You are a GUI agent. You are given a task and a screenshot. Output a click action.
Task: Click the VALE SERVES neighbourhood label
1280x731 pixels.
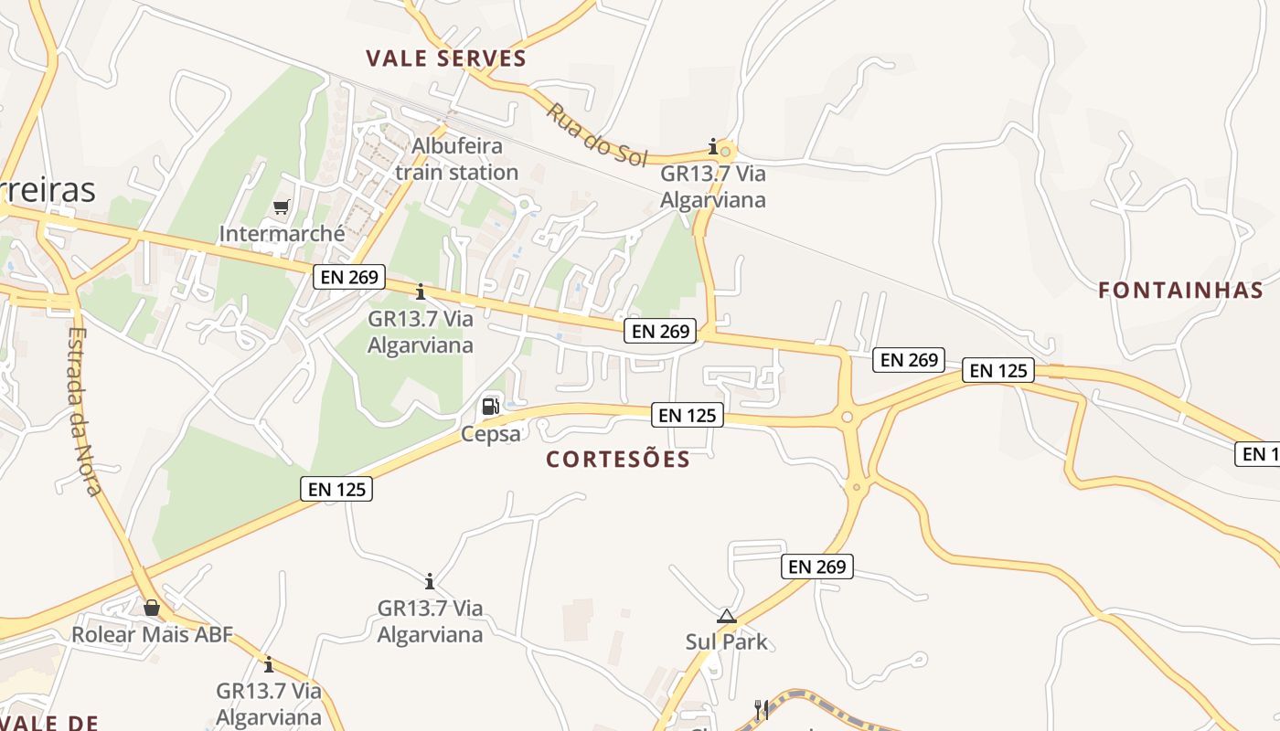[x=446, y=59]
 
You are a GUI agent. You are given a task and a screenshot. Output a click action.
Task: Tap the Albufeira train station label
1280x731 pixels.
[x=456, y=159]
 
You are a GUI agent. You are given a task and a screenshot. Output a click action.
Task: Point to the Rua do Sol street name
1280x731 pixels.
[x=596, y=134]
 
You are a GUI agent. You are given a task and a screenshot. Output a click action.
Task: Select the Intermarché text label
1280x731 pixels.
[x=282, y=234]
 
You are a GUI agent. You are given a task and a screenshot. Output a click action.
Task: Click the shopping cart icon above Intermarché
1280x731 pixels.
[x=281, y=207]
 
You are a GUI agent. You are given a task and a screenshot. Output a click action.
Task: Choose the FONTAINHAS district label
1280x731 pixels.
[x=1180, y=291]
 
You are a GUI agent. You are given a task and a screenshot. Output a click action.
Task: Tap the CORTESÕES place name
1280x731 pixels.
[x=618, y=459]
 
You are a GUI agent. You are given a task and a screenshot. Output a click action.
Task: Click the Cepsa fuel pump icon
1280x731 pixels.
[x=491, y=406]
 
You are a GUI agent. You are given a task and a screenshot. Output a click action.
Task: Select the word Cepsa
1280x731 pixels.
[x=491, y=433]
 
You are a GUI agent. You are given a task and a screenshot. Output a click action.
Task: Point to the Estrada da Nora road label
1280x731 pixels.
[x=83, y=411]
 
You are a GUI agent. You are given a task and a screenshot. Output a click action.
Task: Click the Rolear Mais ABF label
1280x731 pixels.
[x=153, y=634]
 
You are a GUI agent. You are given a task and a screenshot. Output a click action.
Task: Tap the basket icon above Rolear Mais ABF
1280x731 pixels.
[x=152, y=607]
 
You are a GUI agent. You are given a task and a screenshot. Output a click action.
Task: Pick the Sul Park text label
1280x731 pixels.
[x=727, y=641]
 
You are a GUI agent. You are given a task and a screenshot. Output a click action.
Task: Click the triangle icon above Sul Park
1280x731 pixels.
[x=727, y=616]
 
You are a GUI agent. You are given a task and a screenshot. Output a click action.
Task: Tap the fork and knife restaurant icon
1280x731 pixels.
[x=760, y=708]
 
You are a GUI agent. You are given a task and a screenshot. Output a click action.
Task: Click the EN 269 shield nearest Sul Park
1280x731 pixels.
[x=817, y=567]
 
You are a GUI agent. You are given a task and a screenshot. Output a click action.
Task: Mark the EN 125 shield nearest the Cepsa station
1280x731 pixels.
[x=336, y=489]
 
